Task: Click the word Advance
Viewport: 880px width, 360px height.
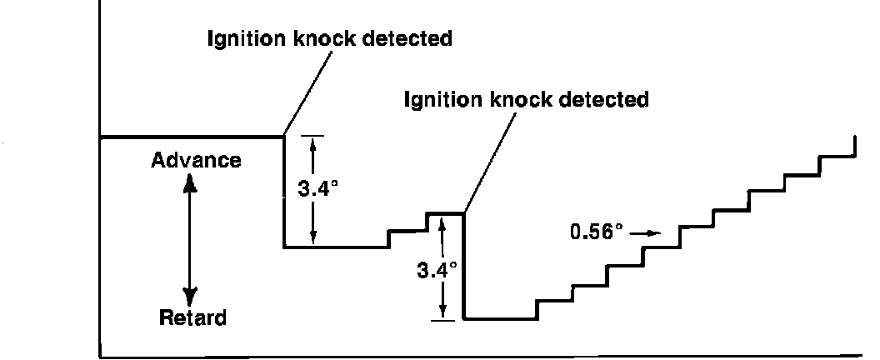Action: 196,160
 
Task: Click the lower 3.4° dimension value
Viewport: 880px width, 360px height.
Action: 437,271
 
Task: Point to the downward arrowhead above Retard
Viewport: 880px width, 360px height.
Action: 191,295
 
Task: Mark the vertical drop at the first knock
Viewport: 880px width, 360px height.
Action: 284,192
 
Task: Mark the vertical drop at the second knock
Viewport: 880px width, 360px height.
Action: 463,267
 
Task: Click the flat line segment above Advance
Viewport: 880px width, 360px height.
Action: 192,137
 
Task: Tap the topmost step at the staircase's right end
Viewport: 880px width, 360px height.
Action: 855,146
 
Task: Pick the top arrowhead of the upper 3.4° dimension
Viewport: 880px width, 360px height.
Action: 312,143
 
